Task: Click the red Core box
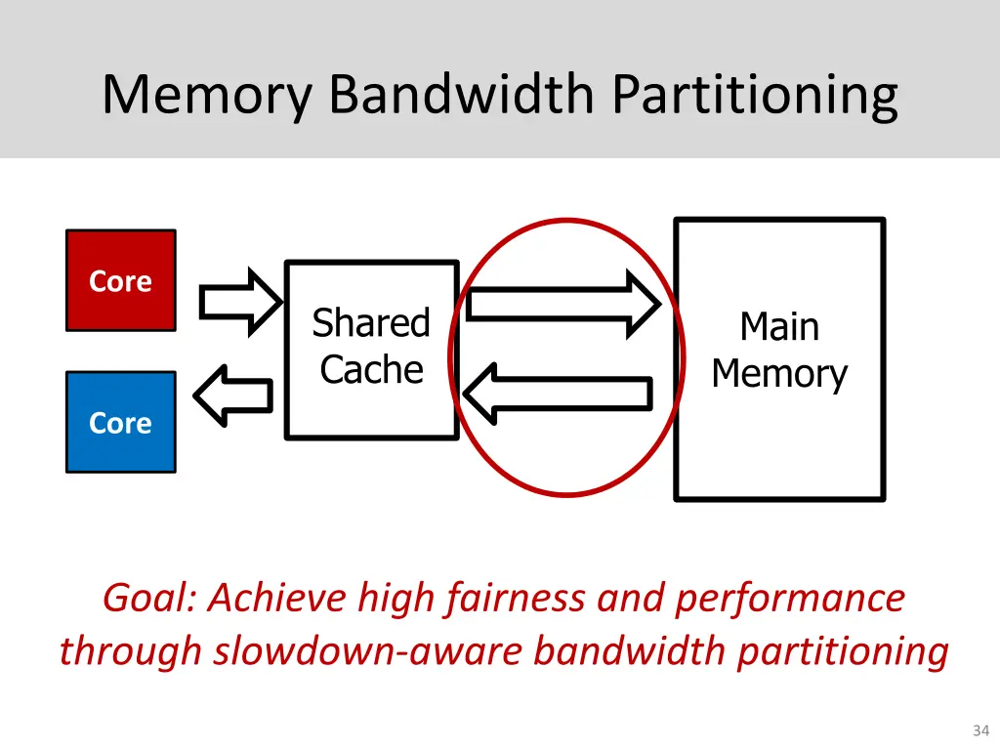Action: pos(120,280)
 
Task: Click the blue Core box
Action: pos(120,422)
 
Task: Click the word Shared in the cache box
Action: pos(371,322)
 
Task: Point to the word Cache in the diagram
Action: pos(371,370)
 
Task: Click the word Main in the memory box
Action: pos(778,326)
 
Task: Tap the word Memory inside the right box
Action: pos(778,374)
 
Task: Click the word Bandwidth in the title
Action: pos(461,95)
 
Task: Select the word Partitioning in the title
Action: pos(755,95)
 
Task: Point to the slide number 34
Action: pos(980,730)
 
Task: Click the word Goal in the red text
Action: pos(150,598)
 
